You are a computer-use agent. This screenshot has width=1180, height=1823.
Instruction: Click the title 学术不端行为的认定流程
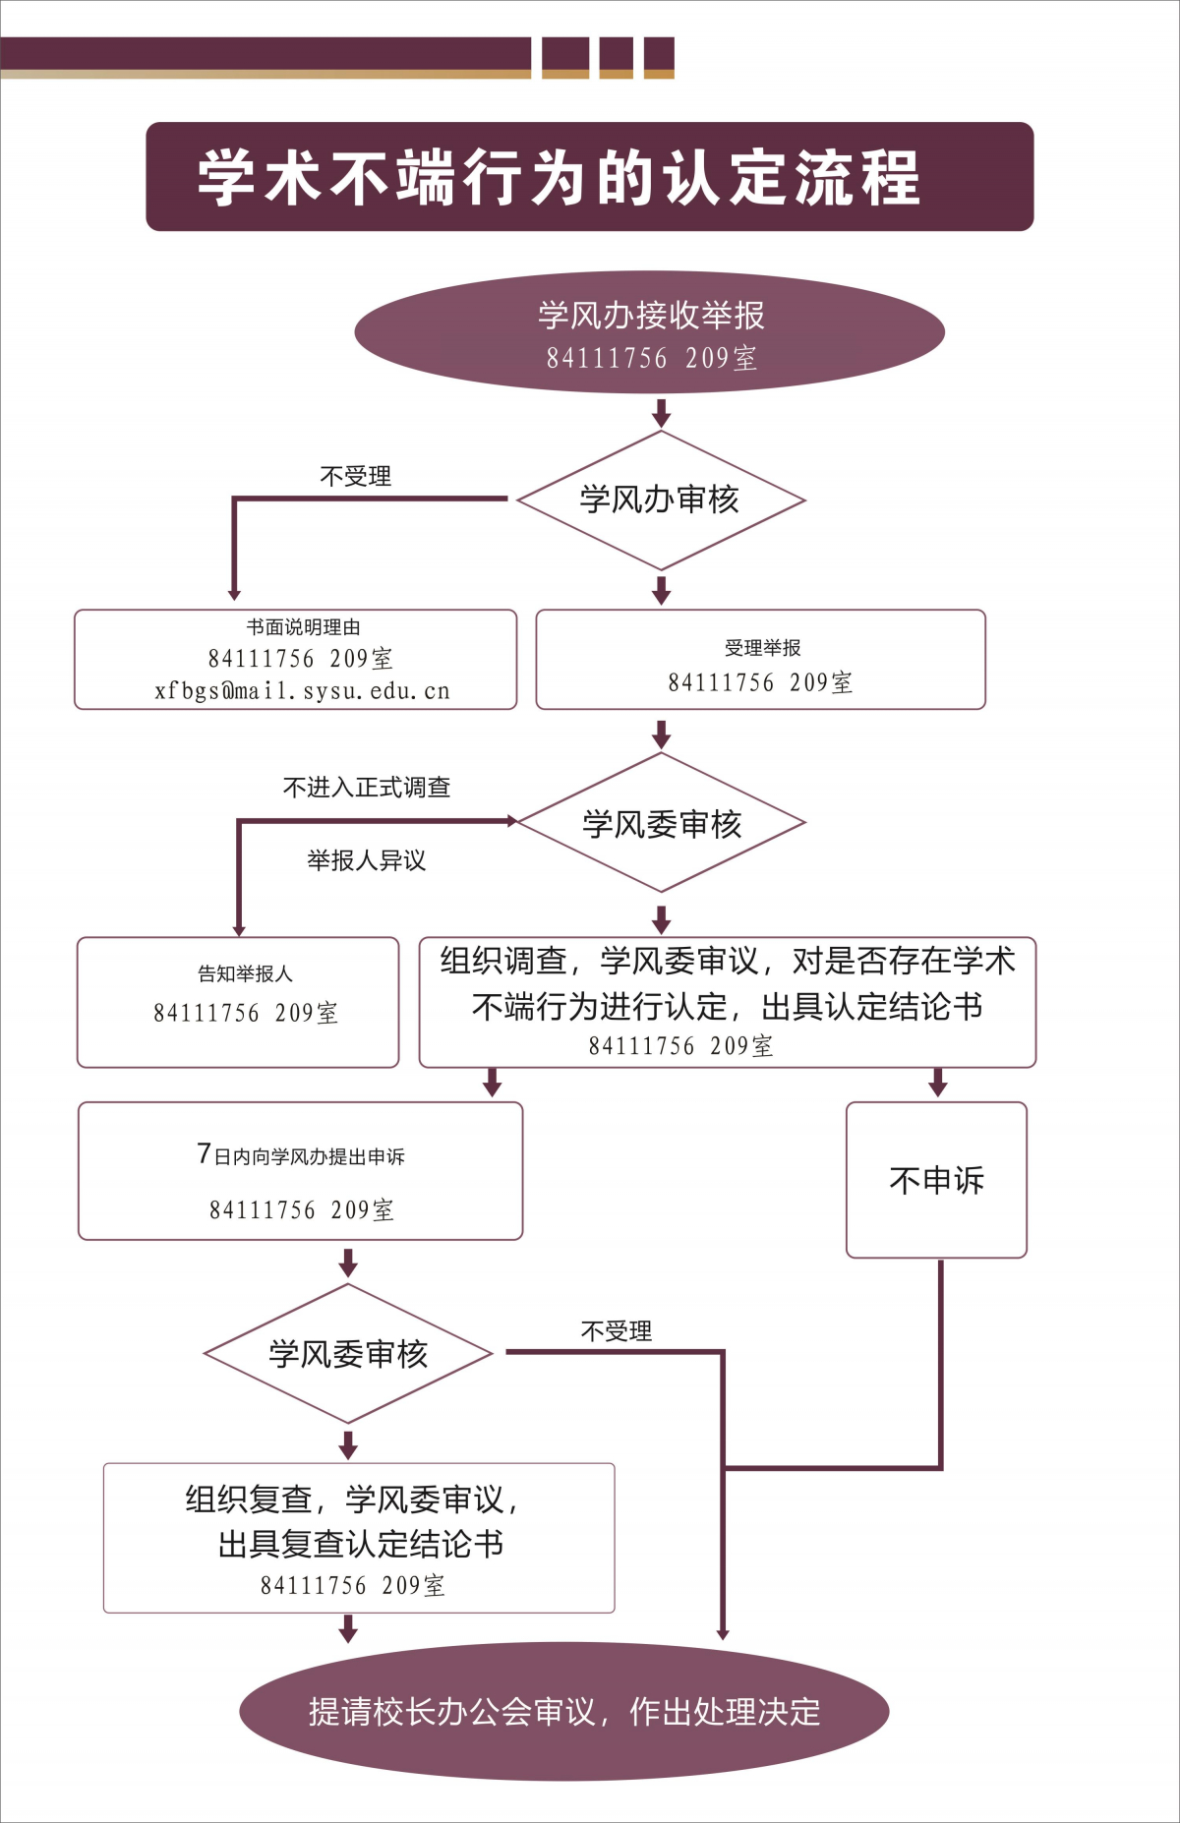(560, 178)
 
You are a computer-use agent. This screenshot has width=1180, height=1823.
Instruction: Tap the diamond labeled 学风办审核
(661, 500)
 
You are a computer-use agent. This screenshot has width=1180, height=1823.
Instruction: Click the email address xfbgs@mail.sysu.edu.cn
(302, 691)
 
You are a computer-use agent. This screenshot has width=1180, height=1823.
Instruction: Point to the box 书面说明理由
(295, 658)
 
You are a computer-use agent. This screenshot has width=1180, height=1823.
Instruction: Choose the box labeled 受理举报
(760, 659)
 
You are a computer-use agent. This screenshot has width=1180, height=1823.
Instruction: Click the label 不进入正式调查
(366, 787)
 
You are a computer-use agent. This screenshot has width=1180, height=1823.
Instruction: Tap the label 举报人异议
(366, 860)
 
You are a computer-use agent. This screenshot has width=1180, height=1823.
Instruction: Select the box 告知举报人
(238, 1001)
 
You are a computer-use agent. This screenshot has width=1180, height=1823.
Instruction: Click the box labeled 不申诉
(936, 1179)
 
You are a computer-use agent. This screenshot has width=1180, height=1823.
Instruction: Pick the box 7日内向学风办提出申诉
(300, 1170)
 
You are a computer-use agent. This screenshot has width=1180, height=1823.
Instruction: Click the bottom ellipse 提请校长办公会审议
(563, 1711)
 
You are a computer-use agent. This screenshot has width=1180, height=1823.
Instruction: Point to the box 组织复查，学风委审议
(359, 1538)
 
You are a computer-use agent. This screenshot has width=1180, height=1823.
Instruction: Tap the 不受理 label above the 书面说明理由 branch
(355, 477)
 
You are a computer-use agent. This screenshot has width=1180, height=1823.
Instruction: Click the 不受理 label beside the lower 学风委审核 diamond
(616, 1331)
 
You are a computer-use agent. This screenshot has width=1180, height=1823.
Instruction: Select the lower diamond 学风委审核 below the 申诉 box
(348, 1354)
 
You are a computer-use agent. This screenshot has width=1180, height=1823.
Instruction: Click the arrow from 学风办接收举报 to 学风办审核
(661, 412)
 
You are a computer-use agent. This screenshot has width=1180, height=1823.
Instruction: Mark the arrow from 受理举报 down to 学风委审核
(661, 734)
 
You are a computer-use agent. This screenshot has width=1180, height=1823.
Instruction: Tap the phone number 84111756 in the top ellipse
(607, 358)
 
